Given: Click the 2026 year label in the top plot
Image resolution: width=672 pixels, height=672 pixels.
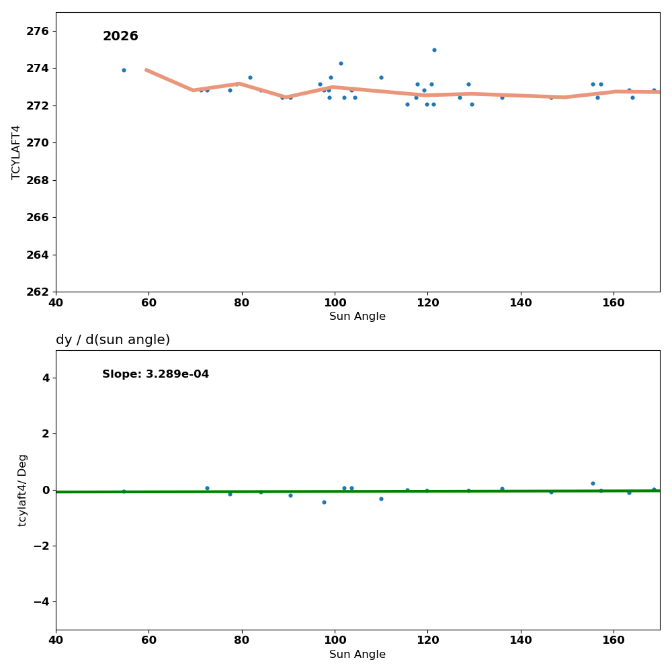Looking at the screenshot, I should [x=120, y=36].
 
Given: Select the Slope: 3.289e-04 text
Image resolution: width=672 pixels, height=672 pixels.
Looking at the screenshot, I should [x=155, y=374].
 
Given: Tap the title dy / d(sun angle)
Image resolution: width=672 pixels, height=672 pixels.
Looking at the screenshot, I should [x=113, y=340].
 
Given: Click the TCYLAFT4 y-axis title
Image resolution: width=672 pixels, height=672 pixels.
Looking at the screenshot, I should [x=16, y=152].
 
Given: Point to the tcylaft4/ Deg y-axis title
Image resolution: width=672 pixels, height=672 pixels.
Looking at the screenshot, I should [x=23, y=490].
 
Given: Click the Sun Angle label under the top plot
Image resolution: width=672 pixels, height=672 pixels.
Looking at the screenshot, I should [x=358, y=317].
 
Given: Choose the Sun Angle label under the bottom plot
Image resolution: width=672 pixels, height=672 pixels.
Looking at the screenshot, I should [x=358, y=655].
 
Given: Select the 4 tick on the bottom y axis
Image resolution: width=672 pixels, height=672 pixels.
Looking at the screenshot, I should [x=46, y=378].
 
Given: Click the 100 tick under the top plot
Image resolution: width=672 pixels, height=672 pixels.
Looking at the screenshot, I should [x=335, y=302].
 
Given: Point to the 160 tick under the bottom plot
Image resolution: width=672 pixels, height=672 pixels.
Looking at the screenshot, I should [x=614, y=640].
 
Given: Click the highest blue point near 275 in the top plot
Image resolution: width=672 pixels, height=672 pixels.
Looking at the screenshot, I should [x=434, y=50].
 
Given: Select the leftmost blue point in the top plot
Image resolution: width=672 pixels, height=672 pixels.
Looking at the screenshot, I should [x=124, y=70].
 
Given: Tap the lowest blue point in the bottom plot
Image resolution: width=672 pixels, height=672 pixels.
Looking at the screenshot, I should [x=324, y=502].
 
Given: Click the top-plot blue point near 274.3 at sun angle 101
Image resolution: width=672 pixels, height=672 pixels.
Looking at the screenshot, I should [x=341, y=63].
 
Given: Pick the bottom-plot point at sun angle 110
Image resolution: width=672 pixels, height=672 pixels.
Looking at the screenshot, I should [x=381, y=499].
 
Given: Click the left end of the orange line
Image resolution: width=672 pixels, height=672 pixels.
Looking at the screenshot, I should [x=146, y=69].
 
